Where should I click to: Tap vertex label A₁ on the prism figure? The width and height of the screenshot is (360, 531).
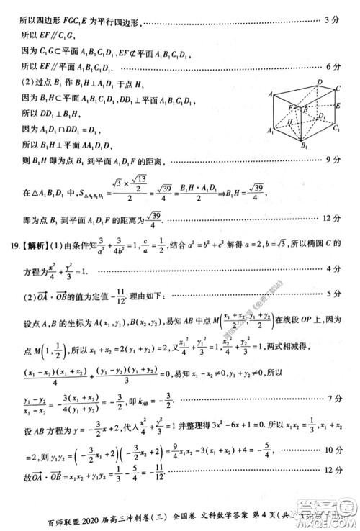pyautogui.click(x=270, y=131)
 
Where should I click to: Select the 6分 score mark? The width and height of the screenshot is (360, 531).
pyautogui.click(x=332, y=66)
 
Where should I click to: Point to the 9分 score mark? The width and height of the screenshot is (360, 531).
pyautogui.click(x=332, y=159)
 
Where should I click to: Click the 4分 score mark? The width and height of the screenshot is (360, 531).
pyautogui.click(x=332, y=268)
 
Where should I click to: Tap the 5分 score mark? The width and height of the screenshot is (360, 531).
pyautogui.click(x=332, y=293)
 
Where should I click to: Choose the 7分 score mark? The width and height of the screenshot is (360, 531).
pyautogui.click(x=332, y=398)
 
